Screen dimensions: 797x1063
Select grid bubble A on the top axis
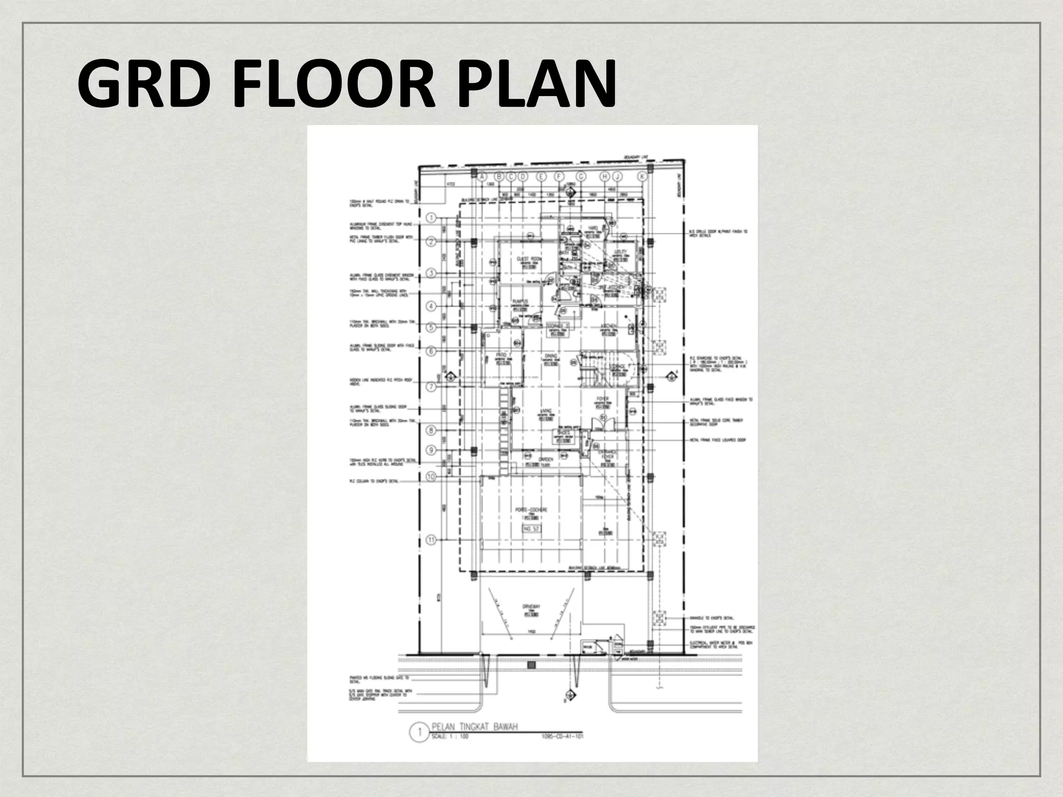[483, 177]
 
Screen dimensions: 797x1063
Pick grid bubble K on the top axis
[643, 177]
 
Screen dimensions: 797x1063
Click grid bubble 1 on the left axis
[431, 217]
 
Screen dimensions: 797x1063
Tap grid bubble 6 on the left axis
[431, 351]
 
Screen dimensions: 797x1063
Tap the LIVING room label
[543, 410]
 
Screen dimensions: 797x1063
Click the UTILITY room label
[620, 252]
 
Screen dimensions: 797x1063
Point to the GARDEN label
[545, 459]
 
